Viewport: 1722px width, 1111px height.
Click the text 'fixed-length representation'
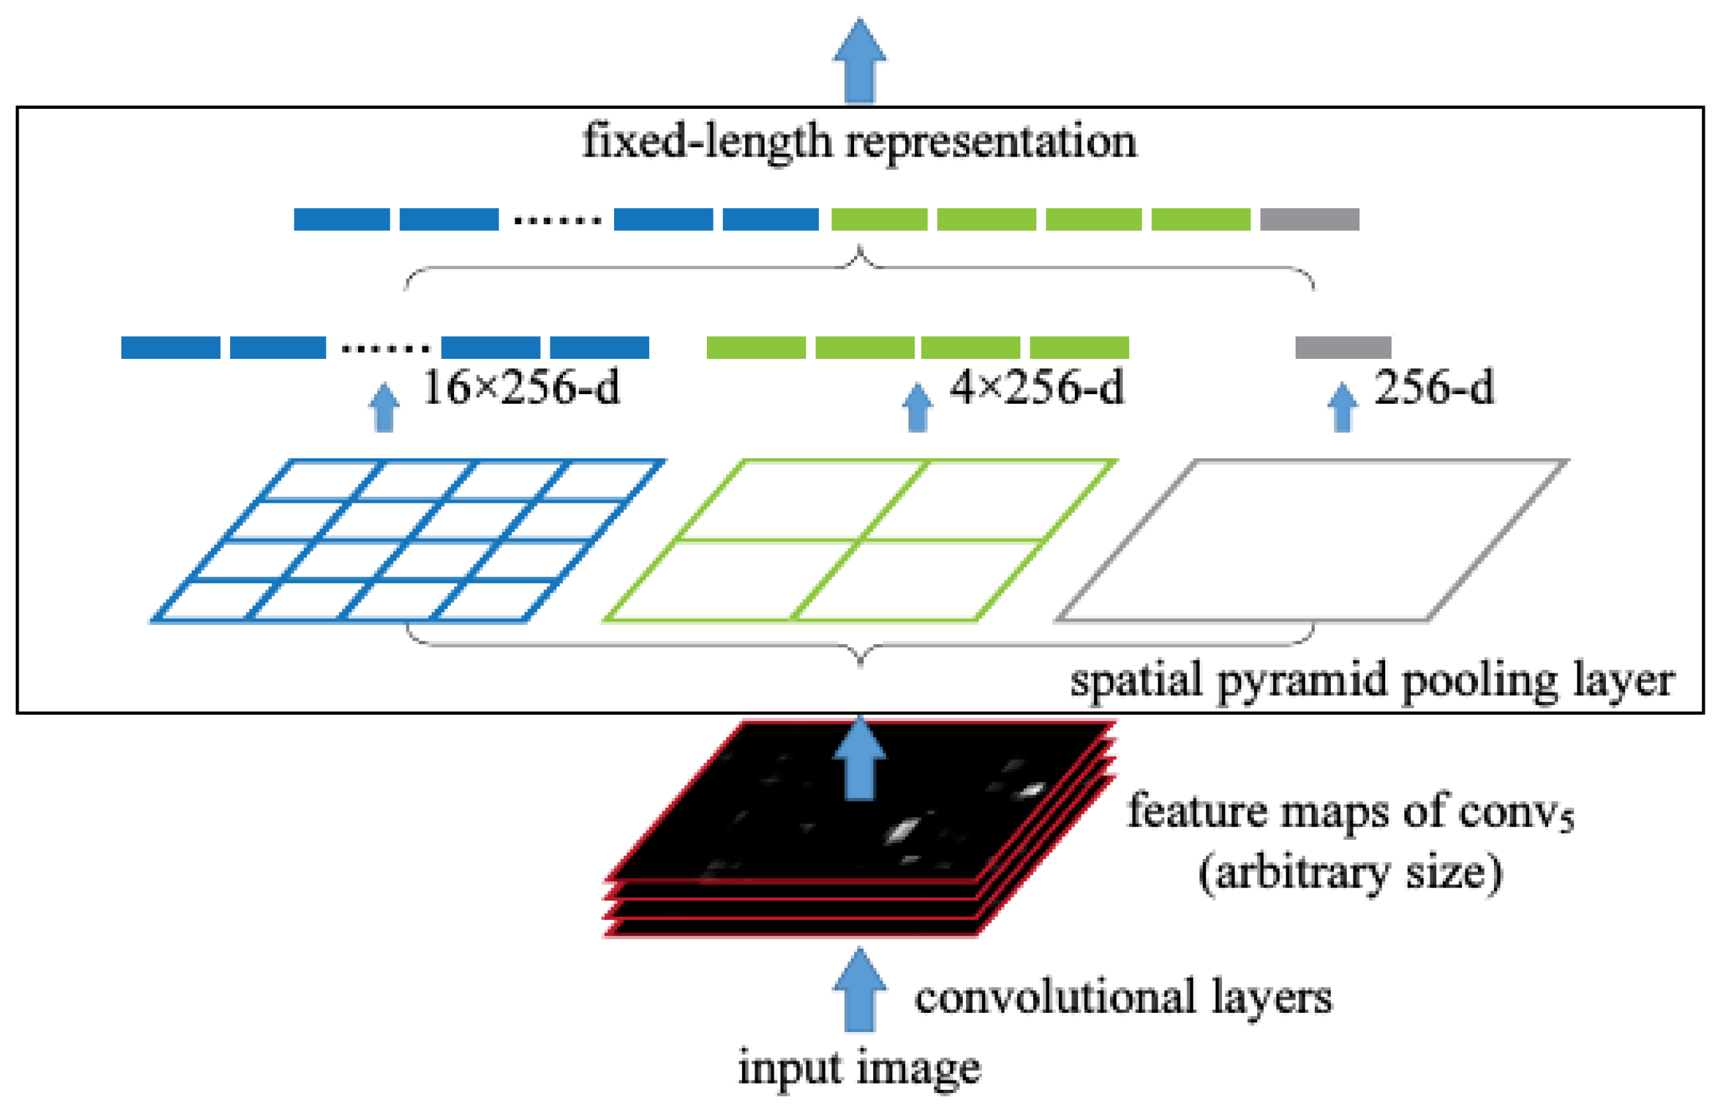(x=859, y=141)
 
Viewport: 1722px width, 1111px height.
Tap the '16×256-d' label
(x=521, y=388)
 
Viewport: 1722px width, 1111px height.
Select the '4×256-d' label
(x=1037, y=388)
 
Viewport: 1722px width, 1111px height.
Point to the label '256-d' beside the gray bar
(x=1434, y=388)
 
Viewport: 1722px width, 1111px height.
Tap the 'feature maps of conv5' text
(x=1350, y=812)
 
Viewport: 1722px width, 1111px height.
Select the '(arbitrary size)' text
(x=1350, y=873)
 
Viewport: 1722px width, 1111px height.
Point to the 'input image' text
(x=859, y=1069)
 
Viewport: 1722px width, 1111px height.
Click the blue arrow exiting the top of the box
(x=859, y=61)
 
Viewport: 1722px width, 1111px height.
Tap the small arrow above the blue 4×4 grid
(x=385, y=408)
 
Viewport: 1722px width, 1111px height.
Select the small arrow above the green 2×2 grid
(x=917, y=408)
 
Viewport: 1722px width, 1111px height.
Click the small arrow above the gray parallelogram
(x=1342, y=408)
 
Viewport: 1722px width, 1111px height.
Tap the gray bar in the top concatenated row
(x=1310, y=220)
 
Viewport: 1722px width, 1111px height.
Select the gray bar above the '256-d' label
(x=1343, y=347)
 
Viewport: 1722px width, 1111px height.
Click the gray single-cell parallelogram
(x=1312, y=541)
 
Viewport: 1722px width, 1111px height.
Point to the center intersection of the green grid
(x=859, y=540)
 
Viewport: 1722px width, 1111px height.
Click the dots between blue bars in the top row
(x=557, y=221)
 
